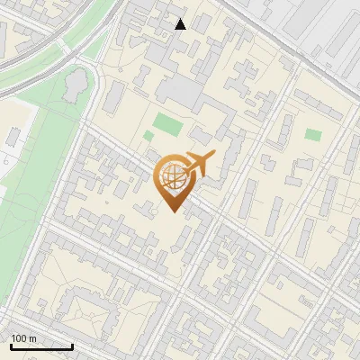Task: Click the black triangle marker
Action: (x=181, y=24)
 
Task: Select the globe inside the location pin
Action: (x=171, y=177)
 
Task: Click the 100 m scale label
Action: (x=23, y=338)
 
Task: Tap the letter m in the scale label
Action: (x=32, y=338)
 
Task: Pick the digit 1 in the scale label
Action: (x=13, y=338)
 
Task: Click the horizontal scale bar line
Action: (x=41, y=346)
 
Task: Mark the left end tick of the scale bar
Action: (x=11, y=346)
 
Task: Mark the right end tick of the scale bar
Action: (x=72, y=346)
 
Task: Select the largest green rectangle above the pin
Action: (x=166, y=121)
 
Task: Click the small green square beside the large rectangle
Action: (x=148, y=136)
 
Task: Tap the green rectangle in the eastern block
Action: (x=312, y=135)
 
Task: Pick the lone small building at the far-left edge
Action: (x=13, y=138)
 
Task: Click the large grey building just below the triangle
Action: (x=184, y=92)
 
